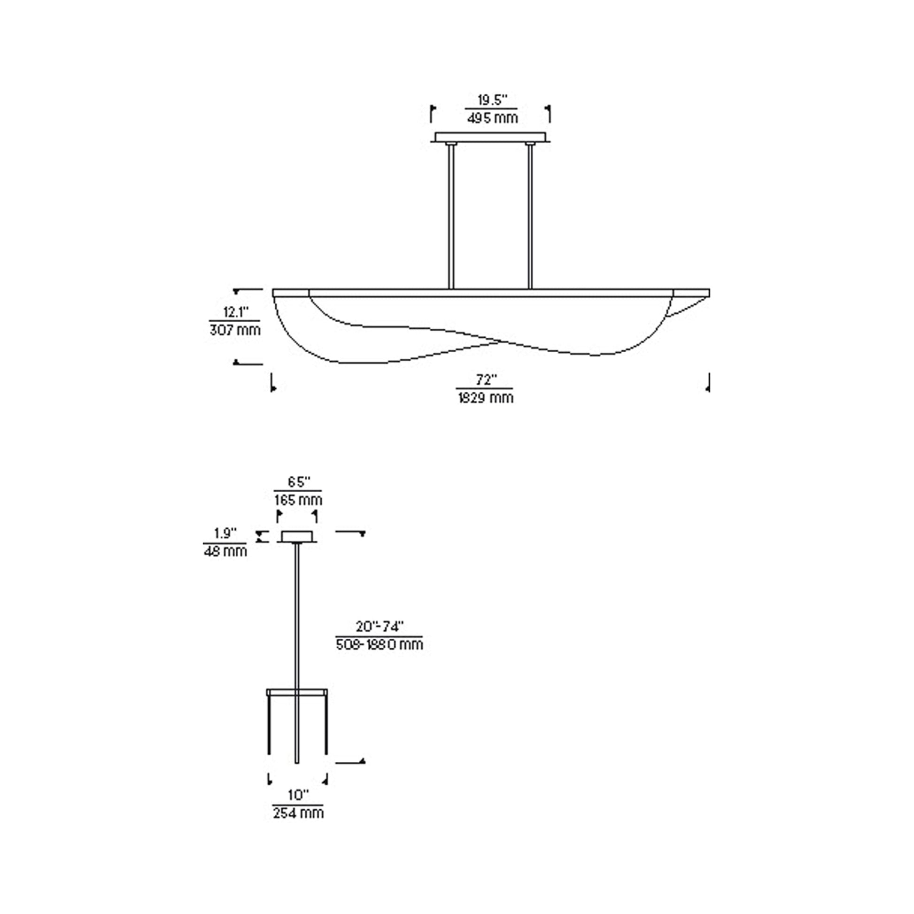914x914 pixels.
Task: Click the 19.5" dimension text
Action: (492, 101)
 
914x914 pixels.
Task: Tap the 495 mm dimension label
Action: (492, 117)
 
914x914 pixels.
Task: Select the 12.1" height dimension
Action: (235, 312)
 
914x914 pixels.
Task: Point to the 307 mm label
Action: (235, 330)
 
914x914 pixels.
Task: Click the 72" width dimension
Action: (485, 380)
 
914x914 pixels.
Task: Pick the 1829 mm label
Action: (485, 397)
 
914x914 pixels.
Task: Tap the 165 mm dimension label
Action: (298, 500)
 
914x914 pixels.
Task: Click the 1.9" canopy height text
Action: (225, 534)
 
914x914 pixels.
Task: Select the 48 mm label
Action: (225, 551)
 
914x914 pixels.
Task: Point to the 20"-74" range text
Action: (380, 627)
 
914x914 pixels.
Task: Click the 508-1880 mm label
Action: (380, 644)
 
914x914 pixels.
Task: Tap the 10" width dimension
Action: (298, 795)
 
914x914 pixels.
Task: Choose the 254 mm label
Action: (298, 813)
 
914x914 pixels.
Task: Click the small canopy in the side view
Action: (298, 536)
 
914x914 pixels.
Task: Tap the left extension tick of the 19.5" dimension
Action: (432, 114)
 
